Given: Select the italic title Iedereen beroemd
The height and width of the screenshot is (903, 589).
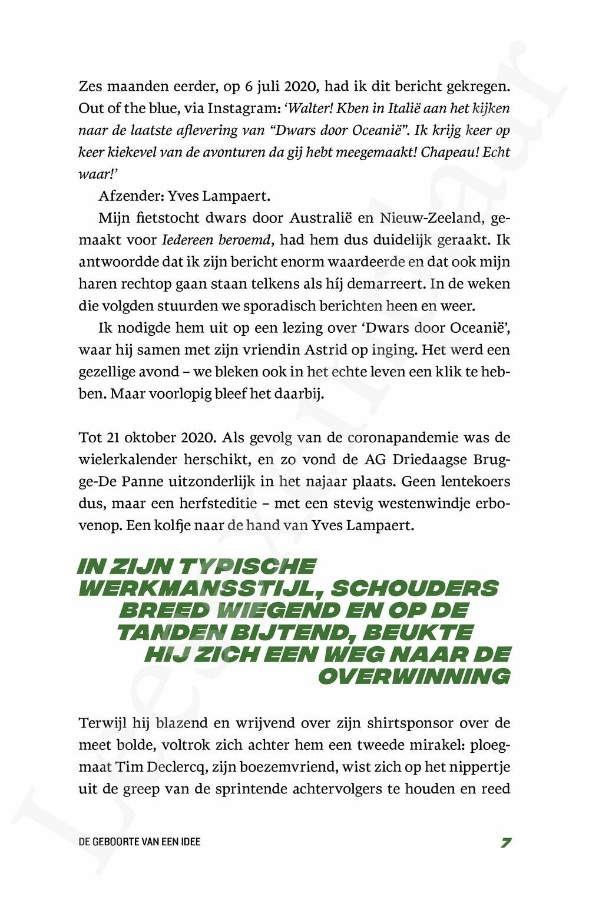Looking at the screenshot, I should [x=217, y=240].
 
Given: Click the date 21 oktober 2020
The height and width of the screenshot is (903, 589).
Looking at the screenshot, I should [x=156, y=438].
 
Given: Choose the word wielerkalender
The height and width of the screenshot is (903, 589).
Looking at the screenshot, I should [x=121, y=459].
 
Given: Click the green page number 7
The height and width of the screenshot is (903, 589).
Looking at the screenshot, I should [x=505, y=842].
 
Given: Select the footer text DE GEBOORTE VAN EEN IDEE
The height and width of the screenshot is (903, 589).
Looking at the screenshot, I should [x=140, y=842].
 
